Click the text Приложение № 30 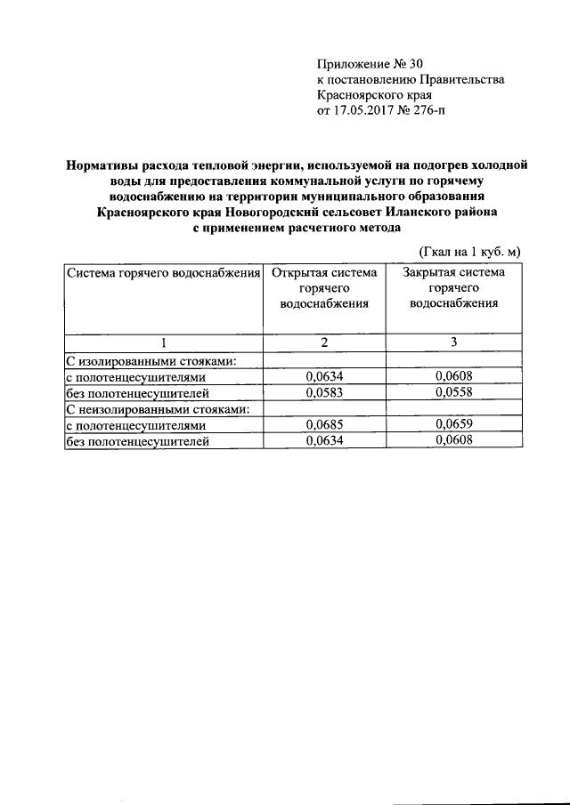371,63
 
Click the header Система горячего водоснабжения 163,273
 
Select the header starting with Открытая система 324,287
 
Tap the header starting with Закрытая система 453,287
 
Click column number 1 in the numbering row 163,342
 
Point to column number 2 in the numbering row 324,342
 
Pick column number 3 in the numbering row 453,342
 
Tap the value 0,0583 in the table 324,392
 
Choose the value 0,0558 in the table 453,392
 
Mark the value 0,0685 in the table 324,424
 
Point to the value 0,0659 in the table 453,424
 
